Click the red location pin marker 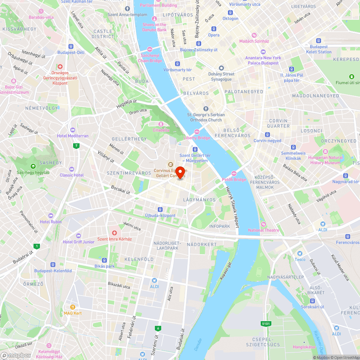(x=180, y=172)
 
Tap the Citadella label (x=161, y=130)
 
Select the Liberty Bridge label (x=197, y=138)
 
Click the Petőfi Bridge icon (x=234, y=174)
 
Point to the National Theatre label (x=264, y=230)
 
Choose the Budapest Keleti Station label (x=319, y=49)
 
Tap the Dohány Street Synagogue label (x=221, y=77)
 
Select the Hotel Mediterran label (x=73, y=136)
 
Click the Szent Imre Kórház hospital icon (x=114, y=233)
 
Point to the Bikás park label (x=105, y=266)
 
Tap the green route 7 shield (x=76, y=146)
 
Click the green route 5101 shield (x=266, y=324)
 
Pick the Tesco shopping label (x=300, y=259)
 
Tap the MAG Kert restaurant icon (x=73, y=307)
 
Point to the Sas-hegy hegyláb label (x=33, y=172)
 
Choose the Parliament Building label (x=158, y=5)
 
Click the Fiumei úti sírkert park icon (x=352, y=76)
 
